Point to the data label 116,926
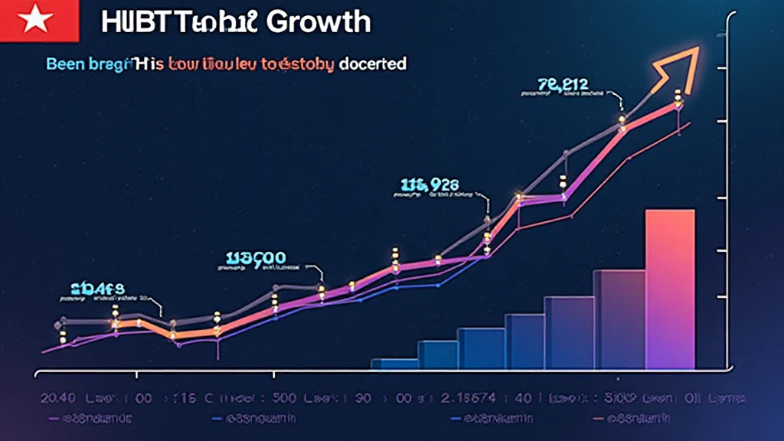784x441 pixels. click(430, 185)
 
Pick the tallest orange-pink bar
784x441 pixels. click(670, 289)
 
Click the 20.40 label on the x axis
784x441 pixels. click(57, 399)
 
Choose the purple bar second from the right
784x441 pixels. click(619, 319)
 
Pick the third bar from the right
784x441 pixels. click(569, 333)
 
